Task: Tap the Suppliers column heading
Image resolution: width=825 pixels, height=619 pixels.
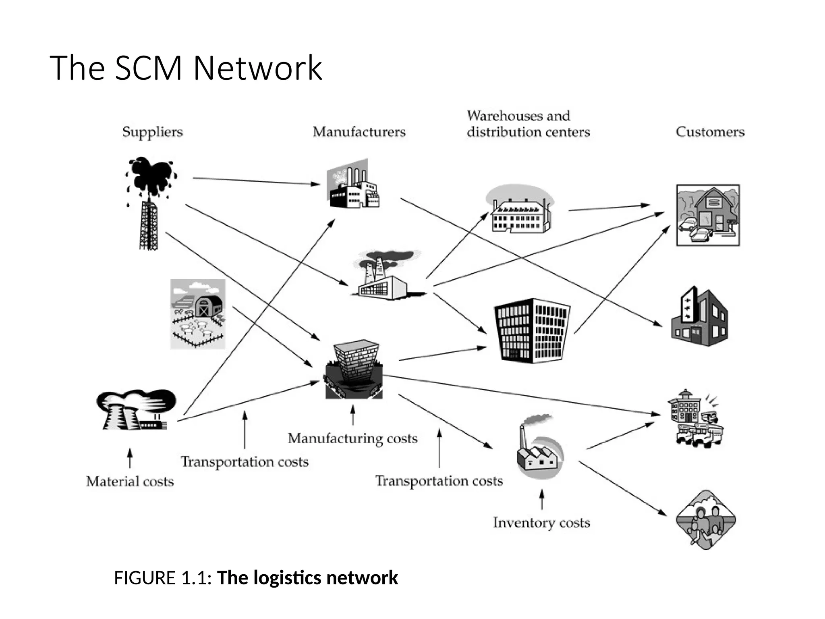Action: tap(152, 132)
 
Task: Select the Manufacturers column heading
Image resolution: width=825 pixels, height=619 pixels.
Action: tap(359, 132)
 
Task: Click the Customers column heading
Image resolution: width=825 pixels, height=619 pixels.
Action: tap(710, 132)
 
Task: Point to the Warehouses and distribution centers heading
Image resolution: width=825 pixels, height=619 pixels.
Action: tap(528, 124)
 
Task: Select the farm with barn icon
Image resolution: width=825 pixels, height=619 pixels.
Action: tap(198, 314)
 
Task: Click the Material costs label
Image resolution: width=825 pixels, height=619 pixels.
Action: tap(130, 482)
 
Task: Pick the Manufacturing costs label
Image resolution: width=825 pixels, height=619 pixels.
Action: tap(352, 438)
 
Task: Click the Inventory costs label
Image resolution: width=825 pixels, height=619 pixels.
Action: tap(541, 523)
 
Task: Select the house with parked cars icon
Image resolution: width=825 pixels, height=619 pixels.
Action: tap(708, 215)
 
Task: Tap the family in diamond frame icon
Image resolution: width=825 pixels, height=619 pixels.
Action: tap(706, 520)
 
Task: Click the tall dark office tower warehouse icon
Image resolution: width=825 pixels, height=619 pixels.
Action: tap(532, 330)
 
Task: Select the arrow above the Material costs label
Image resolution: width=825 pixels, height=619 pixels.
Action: tap(130, 458)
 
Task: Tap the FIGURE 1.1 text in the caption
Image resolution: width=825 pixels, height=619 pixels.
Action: tap(162, 578)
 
